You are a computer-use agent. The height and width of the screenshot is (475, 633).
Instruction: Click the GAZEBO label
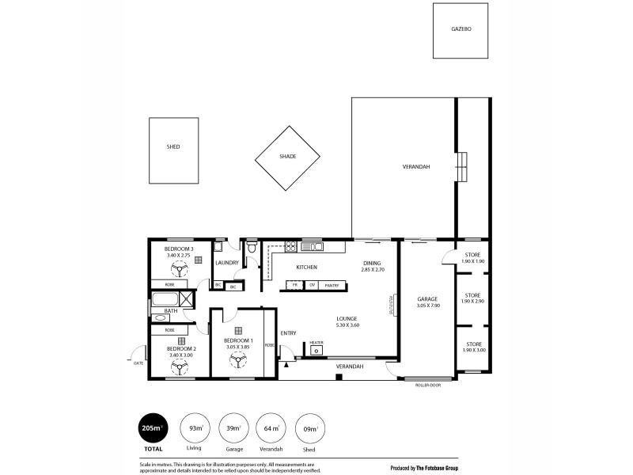pyautogui.click(x=461, y=28)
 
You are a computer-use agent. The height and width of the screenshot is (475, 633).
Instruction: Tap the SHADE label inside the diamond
pyautogui.click(x=287, y=157)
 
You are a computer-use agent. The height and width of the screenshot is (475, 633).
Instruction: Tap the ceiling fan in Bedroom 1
pyautogui.click(x=237, y=360)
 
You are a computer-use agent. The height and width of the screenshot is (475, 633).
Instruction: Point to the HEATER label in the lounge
pyautogui.click(x=316, y=342)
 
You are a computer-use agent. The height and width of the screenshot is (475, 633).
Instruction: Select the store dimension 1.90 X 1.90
pyautogui.click(x=473, y=260)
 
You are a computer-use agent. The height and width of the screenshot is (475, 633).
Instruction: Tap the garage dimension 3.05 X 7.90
pyautogui.click(x=427, y=305)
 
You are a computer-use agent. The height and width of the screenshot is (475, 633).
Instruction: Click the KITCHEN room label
pyautogui.click(x=306, y=267)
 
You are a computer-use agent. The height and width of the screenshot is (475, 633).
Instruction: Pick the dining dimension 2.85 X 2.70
pyautogui.click(x=373, y=270)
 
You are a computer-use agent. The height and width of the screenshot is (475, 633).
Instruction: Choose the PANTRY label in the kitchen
pyautogui.click(x=332, y=285)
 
